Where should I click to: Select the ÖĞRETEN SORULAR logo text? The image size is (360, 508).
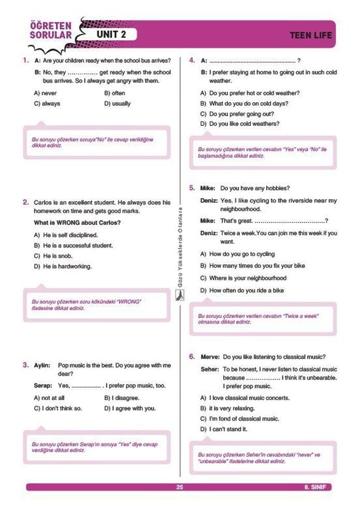click(x=50, y=30)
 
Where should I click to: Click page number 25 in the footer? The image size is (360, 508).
click(x=180, y=487)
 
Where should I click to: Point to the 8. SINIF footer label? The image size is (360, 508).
click(x=317, y=487)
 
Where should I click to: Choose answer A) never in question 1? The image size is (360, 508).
click(x=45, y=93)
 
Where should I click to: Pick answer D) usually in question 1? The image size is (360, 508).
click(x=118, y=103)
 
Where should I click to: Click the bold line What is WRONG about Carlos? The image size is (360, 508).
click(x=77, y=223)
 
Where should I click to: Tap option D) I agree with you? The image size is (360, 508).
click(x=129, y=408)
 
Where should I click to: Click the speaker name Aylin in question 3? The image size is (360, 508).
click(x=42, y=365)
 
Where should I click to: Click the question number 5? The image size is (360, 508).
click(x=192, y=188)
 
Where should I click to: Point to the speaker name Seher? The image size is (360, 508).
click(x=210, y=370)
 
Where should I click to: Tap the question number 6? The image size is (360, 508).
click(x=192, y=357)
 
